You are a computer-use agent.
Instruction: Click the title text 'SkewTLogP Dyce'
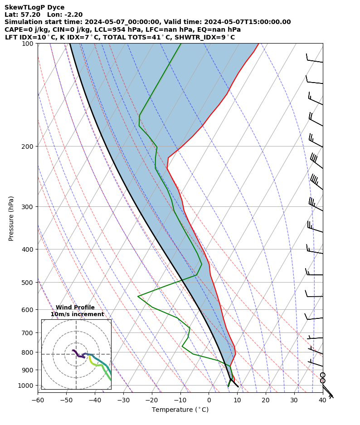point(34,7)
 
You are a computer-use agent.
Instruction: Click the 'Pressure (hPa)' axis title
point(11,218)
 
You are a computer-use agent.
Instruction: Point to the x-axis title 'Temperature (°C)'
point(180,410)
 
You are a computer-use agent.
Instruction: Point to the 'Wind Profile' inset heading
point(75,308)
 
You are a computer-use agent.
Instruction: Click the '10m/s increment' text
point(77,314)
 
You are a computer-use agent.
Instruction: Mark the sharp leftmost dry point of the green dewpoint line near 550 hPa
point(138,296)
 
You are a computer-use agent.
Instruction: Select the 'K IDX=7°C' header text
point(83,37)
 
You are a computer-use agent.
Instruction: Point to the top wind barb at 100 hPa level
point(315,59)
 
